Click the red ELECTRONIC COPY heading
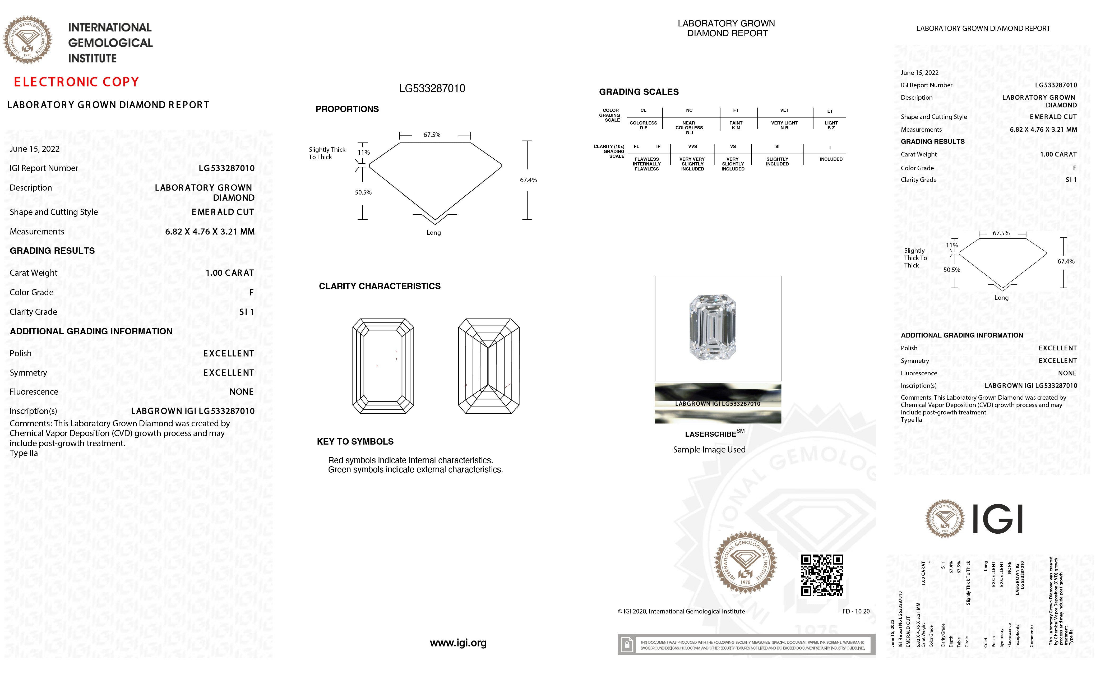coord(76,82)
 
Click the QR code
coord(822,575)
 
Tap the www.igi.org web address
coord(458,643)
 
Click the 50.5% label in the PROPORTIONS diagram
coord(363,192)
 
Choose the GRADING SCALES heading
coord(638,92)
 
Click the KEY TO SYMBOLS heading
coord(355,441)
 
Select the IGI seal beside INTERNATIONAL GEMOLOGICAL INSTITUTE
coord(28,40)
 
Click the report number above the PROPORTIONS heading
coord(432,88)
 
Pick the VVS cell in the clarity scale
coord(692,146)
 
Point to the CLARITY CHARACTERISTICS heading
coord(379,286)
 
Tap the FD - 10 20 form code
coord(855,611)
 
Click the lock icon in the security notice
coord(626,645)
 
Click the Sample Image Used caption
coord(709,450)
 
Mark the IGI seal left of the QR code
coord(745,562)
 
